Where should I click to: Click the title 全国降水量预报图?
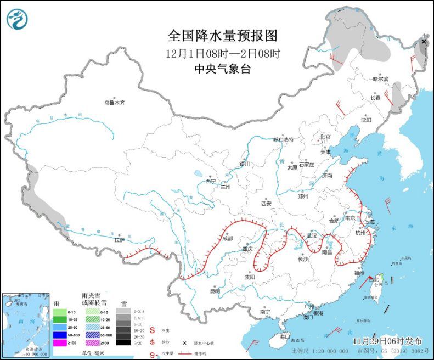tap(223, 36)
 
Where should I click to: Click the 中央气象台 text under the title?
tap(223, 69)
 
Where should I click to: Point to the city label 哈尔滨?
tap(380, 80)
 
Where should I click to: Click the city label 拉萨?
tap(119, 239)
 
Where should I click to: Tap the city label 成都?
tap(228, 239)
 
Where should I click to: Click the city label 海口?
tap(284, 336)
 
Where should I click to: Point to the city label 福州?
tap(359, 273)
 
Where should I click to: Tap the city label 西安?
tap(266, 203)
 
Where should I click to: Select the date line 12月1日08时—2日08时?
tap(223, 54)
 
